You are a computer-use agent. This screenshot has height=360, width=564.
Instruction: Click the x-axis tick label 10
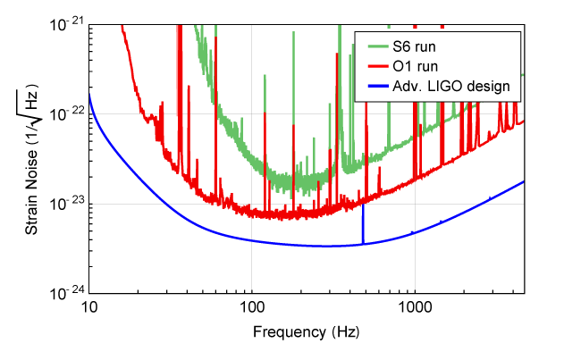(x=89, y=309)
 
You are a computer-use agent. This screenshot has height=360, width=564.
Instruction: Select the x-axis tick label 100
(x=251, y=309)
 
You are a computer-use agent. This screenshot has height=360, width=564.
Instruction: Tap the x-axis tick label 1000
(x=414, y=309)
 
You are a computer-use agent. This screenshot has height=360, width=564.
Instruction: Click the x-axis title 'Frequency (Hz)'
(x=307, y=333)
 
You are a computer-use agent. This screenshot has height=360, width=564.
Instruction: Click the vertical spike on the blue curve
(x=363, y=223)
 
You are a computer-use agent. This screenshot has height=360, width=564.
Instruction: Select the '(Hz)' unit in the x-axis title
(x=344, y=333)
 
